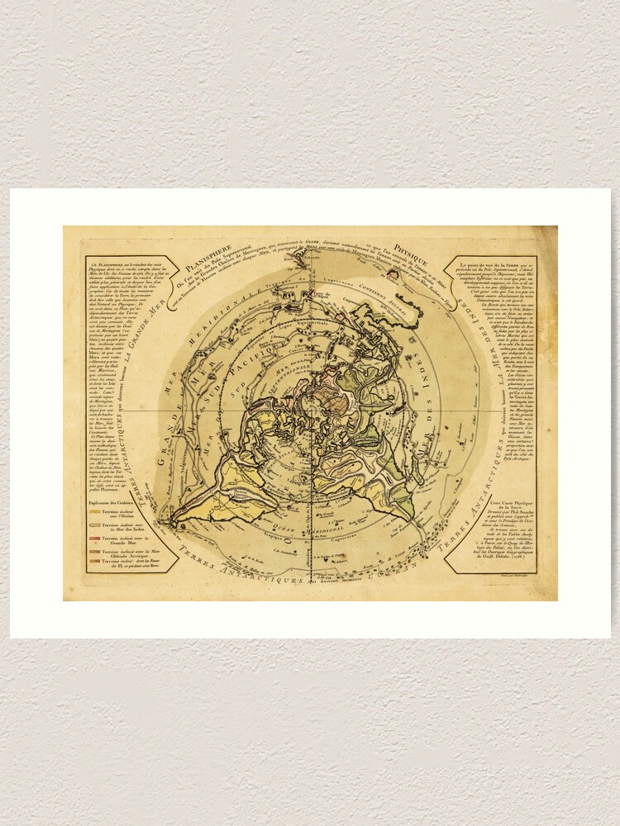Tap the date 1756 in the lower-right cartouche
[x=512, y=572]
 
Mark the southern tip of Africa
[x=411, y=517]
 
